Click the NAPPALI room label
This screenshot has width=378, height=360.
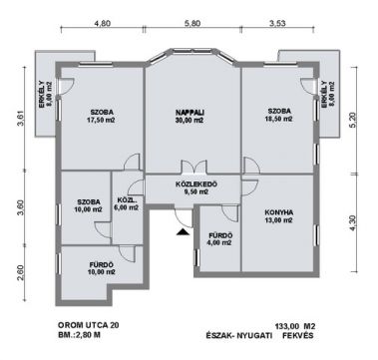189,112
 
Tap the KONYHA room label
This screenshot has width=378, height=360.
278,212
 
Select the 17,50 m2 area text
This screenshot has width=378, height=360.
102,120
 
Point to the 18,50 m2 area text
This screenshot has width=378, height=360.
279,119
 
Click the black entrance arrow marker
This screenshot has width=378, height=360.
183,232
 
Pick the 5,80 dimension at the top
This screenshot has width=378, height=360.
191,23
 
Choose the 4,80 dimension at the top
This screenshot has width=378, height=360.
103,23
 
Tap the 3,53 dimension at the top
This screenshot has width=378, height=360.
277,23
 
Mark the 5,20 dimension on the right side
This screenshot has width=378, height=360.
353,120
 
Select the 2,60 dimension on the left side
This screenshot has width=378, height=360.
20,272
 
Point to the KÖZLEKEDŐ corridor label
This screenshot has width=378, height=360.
196,183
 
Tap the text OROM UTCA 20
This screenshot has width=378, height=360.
88,325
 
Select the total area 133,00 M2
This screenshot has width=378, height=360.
295,325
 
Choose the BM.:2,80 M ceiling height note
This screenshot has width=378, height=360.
79,335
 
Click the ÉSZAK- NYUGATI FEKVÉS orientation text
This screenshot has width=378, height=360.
259,335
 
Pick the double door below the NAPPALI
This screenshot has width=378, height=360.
193,167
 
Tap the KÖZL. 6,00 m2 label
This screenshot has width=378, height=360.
127,204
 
